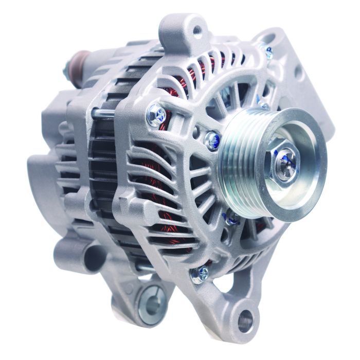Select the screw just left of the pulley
pos(212,139)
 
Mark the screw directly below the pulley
pos(232,219)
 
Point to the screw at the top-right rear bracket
pos(267,51)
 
